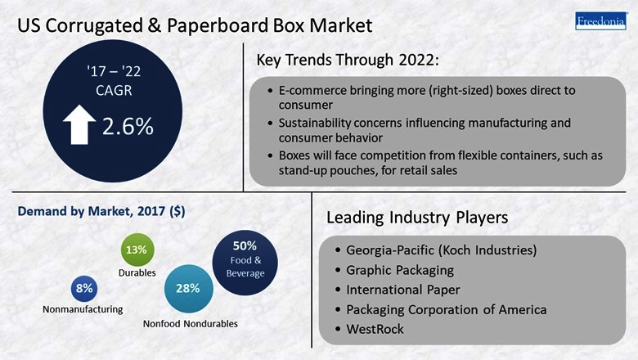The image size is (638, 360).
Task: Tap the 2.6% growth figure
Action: pyautogui.click(x=127, y=128)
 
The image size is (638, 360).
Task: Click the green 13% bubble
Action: pyautogui.click(x=137, y=250)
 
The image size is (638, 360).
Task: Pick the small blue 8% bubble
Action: pyautogui.click(x=84, y=288)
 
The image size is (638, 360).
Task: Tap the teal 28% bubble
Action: pyautogui.click(x=187, y=288)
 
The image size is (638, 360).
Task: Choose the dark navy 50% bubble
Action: pyautogui.click(x=245, y=258)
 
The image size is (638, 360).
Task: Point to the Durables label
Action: pyautogui.click(x=137, y=272)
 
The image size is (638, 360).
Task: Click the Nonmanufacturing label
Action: pyautogui.click(x=83, y=309)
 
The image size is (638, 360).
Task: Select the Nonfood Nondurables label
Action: pyautogui.click(x=191, y=324)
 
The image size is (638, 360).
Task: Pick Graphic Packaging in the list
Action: pyautogui.click(x=400, y=269)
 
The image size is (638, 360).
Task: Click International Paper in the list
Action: pyautogui.click(x=403, y=290)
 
